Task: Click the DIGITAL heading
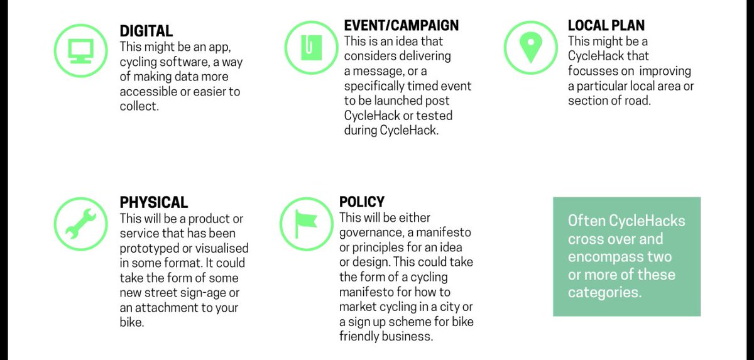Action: [x=146, y=30]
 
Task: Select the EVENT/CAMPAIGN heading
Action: [x=401, y=26]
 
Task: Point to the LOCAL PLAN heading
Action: [x=606, y=26]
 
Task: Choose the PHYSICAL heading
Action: [x=153, y=203]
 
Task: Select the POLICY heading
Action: [x=361, y=202]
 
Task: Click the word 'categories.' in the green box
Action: [x=604, y=293]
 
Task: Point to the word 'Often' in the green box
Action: [x=586, y=221]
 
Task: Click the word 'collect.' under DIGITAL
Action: [x=139, y=106]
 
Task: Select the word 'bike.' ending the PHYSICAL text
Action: [x=132, y=322]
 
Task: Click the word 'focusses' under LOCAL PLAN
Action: [x=593, y=71]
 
